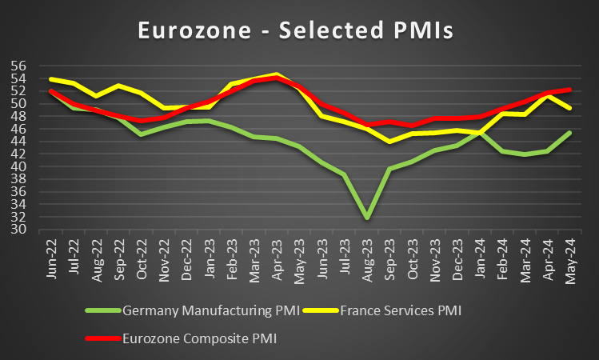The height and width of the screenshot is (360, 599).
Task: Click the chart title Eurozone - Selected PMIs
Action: [295, 30]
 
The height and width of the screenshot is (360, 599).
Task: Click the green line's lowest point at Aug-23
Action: [367, 218]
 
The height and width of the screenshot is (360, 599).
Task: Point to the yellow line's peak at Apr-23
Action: [277, 74]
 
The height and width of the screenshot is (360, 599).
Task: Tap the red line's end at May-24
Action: [569, 90]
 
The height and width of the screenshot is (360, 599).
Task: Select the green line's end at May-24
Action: [569, 133]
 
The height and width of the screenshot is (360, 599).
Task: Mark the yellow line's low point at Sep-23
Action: [389, 142]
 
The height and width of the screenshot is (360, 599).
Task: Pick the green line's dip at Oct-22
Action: [142, 134]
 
